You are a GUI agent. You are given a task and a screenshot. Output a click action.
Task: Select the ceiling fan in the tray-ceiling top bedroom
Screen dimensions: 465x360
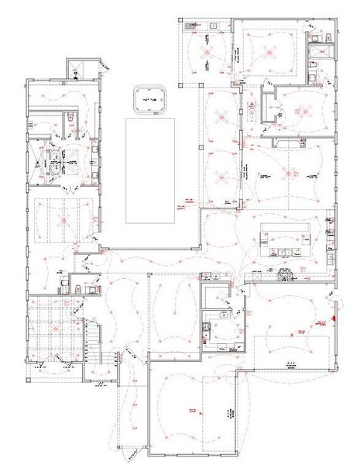click(270, 53)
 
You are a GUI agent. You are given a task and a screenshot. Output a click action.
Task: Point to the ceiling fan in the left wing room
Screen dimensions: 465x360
click(62, 220)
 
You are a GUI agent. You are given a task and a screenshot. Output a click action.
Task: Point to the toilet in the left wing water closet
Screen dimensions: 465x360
click(70, 116)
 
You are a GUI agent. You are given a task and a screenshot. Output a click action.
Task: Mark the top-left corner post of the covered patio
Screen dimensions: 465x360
click(178, 19)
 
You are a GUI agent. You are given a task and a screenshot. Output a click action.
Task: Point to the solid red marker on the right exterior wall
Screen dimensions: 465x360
click(333, 315)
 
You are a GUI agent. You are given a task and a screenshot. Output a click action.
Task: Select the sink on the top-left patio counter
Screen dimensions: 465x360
click(210, 26)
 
